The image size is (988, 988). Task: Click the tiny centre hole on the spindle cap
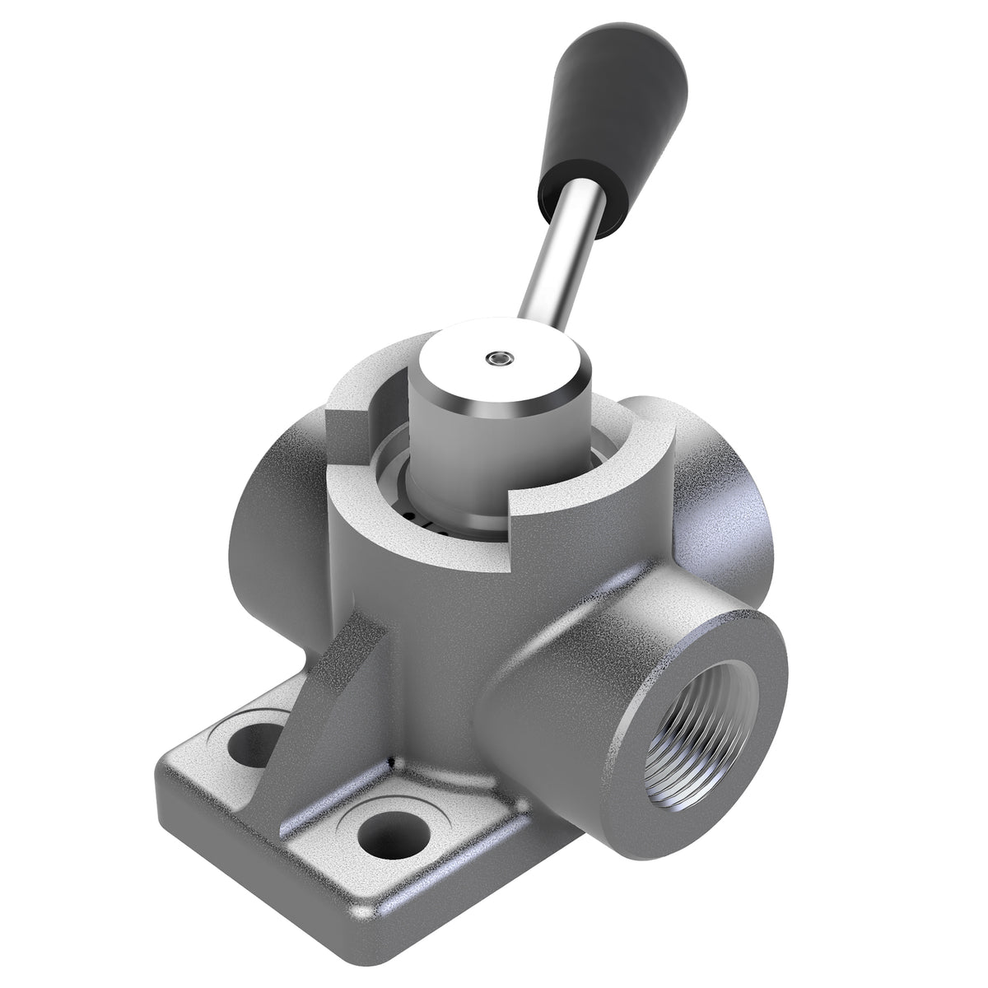pyautogui.click(x=497, y=357)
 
